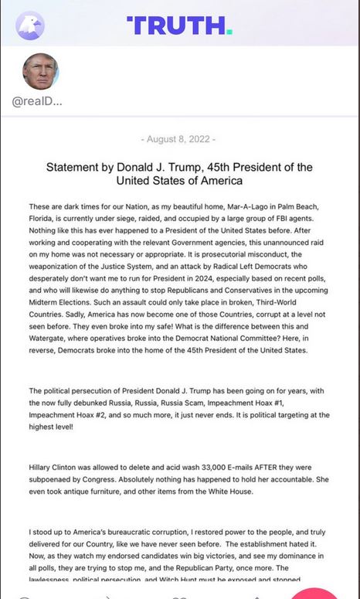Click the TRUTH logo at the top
(179, 26)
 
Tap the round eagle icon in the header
(30, 26)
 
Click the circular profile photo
(40, 72)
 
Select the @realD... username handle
(37, 102)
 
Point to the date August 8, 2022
(179, 139)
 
